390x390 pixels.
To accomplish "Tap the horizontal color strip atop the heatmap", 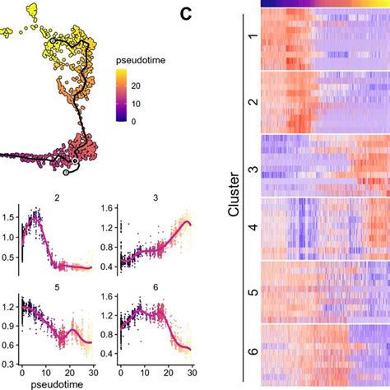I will tap(324, 3).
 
